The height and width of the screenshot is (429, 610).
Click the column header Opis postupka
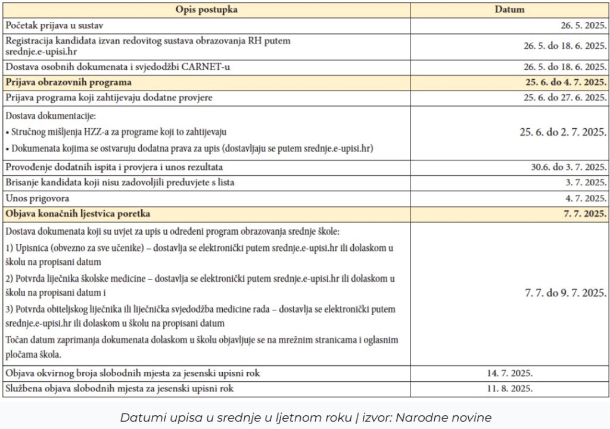(x=207, y=10)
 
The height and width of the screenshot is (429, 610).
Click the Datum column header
(x=509, y=10)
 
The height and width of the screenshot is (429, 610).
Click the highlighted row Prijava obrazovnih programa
(x=68, y=82)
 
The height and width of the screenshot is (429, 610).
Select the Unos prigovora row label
(x=37, y=198)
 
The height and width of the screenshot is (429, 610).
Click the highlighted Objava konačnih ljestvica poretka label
(x=77, y=213)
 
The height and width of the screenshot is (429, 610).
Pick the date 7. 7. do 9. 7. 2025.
(x=565, y=293)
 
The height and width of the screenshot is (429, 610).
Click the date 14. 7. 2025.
(x=509, y=374)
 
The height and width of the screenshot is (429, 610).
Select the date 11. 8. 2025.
(x=509, y=388)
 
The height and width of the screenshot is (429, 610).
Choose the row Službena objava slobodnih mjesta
(x=119, y=388)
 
